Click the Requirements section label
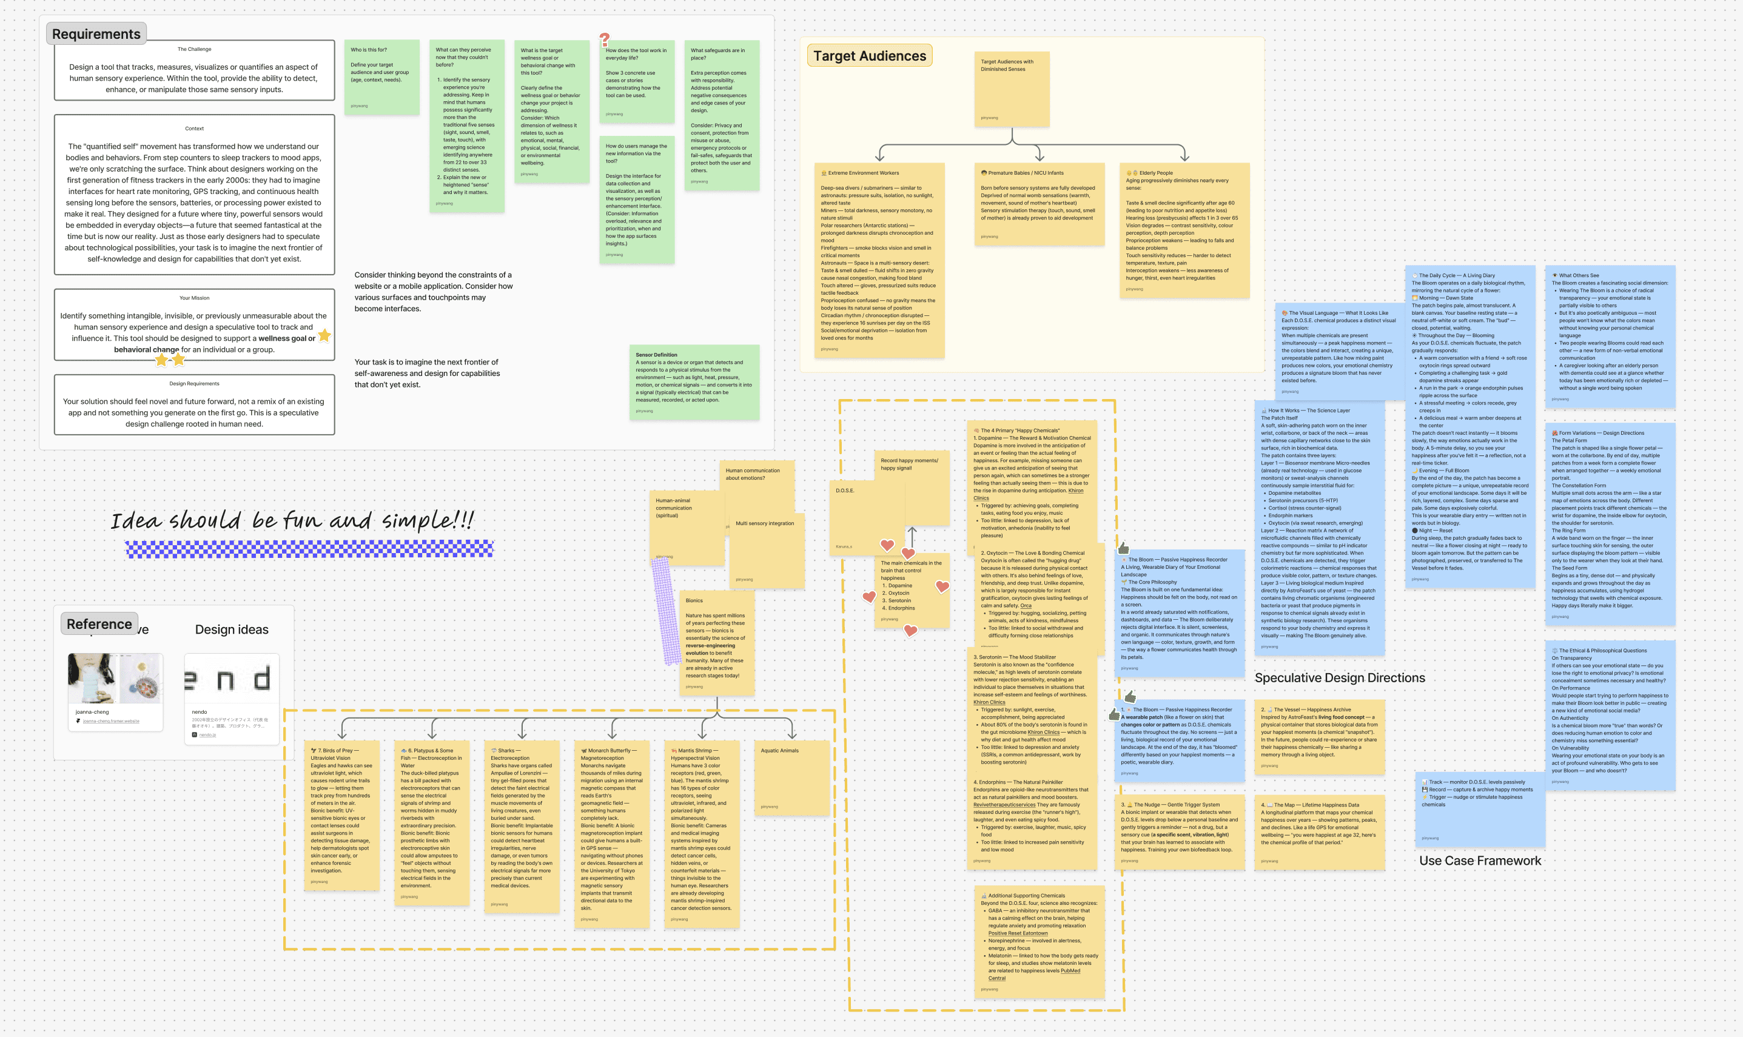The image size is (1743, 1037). [x=96, y=34]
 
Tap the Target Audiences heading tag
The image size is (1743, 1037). [x=869, y=56]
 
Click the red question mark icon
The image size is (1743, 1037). [x=604, y=40]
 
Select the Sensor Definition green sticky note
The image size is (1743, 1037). [x=694, y=381]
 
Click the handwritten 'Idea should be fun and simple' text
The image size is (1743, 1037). [x=292, y=520]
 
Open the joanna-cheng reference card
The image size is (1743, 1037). [x=115, y=691]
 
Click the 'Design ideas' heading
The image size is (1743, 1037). [x=231, y=629]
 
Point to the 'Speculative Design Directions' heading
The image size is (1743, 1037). [x=1339, y=678]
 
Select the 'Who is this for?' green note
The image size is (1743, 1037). [x=381, y=77]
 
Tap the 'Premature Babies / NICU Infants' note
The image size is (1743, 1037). [x=1039, y=203]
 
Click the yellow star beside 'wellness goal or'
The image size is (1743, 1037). [x=324, y=336]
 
